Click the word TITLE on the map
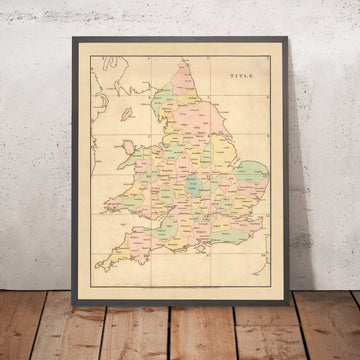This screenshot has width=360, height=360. (x=241, y=76)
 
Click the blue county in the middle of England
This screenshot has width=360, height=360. (x=191, y=186)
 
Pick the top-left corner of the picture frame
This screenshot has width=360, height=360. (x=72, y=38)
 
